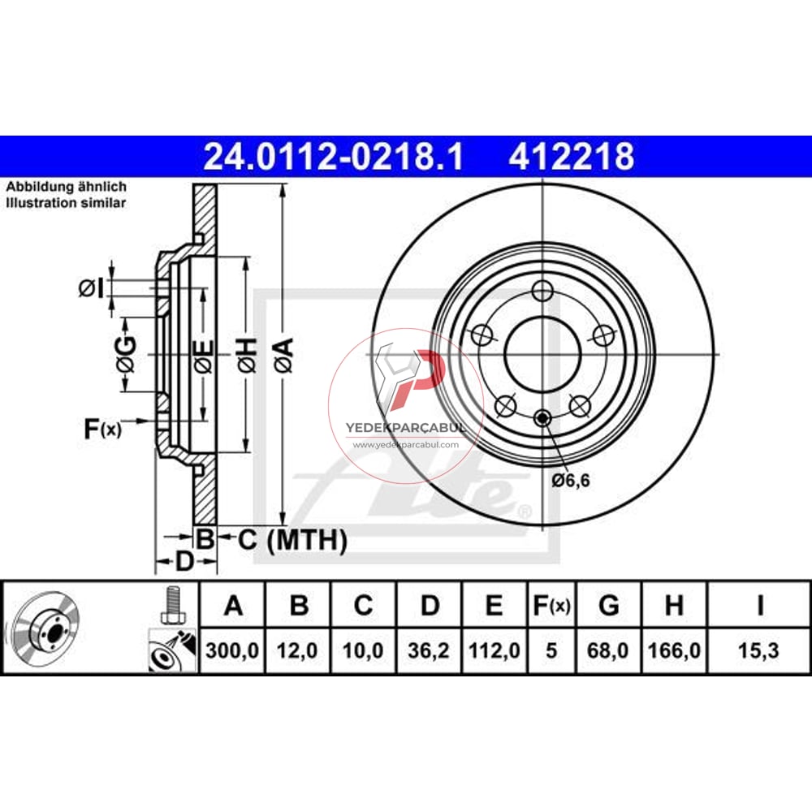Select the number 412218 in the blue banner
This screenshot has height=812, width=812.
click(x=572, y=157)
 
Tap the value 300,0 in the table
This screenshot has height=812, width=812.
click(x=233, y=651)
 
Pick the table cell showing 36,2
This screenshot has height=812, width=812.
click(x=430, y=651)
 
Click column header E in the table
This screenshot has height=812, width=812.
click(x=495, y=606)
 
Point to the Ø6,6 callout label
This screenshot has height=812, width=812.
click(x=570, y=481)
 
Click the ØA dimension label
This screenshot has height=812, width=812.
click(x=283, y=355)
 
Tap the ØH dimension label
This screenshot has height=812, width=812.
click(x=248, y=355)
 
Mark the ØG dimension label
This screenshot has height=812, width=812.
click(x=125, y=354)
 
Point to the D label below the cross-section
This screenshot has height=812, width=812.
click(x=184, y=562)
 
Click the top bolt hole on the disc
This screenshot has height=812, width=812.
click(x=542, y=291)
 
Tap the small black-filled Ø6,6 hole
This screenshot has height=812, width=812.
click(x=542, y=418)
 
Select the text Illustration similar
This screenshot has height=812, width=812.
click(x=66, y=203)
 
